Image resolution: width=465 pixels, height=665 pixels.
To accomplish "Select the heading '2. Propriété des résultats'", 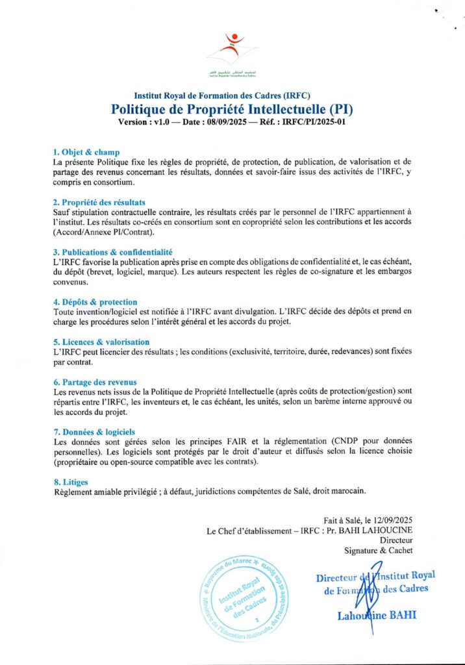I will tap(99, 202).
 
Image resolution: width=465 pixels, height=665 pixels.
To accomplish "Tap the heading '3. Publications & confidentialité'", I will tap(112, 251).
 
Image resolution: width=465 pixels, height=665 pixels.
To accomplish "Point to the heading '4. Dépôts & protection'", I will tap(95, 301).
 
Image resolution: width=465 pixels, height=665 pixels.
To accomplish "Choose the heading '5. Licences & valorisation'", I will tap(101, 342).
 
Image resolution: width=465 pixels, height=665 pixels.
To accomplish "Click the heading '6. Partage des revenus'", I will tap(95, 382).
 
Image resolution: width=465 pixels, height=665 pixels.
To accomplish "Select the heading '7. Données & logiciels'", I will tap(94, 431).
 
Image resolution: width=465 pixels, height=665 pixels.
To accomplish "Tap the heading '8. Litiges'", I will tap(71, 481).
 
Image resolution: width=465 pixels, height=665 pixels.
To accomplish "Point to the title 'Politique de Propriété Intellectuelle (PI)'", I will tap(232, 108).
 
